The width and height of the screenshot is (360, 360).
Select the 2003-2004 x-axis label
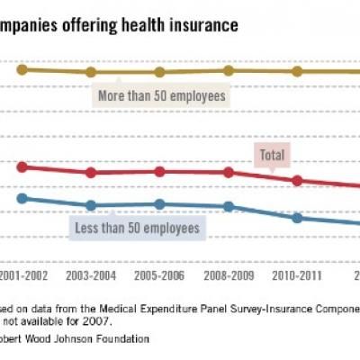[90, 275]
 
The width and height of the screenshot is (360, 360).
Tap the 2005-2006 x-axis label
[159, 275]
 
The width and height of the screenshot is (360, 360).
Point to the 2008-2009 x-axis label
[229, 275]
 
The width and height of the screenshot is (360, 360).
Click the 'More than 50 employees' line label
[160, 94]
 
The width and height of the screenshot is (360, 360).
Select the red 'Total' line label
[272, 155]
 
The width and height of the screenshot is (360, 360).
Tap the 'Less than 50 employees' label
[135, 228]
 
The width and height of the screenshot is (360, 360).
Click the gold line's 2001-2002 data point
[22, 69]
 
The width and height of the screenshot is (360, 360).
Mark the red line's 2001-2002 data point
[22, 166]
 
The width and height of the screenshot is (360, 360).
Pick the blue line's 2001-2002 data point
[22, 198]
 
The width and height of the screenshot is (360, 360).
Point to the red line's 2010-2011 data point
[298, 180]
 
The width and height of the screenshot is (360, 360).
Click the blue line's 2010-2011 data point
[298, 217]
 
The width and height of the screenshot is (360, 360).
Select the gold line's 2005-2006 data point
[159, 72]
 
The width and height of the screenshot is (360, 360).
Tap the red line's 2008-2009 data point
[229, 172]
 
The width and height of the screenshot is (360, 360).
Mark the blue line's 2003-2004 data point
[90, 205]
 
